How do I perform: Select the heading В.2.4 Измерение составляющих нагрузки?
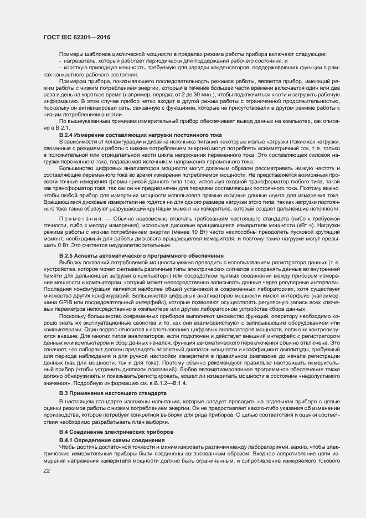point(140,135)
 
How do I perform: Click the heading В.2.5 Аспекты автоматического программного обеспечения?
point(141,255)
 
